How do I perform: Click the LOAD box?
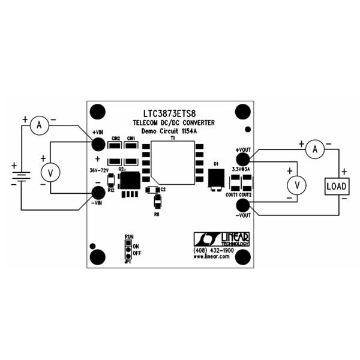pyautogui.click(x=336, y=186)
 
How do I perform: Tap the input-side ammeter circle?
pyautogui.click(x=40, y=125)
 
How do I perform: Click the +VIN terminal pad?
pyautogui.click(x=98, y=143)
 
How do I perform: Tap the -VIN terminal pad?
pyautogui.click(x=98, y=193)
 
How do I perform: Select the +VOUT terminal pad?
pyautogui.click(x=242, y=158)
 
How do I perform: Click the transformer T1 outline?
pyautogui.click(x=173, y=163)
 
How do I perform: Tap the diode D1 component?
pyautogui.click(x=215, y=178)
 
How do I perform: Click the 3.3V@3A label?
pyautogui.click(x=241, y=170)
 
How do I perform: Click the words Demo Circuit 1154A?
pyautogui.click(x=171, y=130)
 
